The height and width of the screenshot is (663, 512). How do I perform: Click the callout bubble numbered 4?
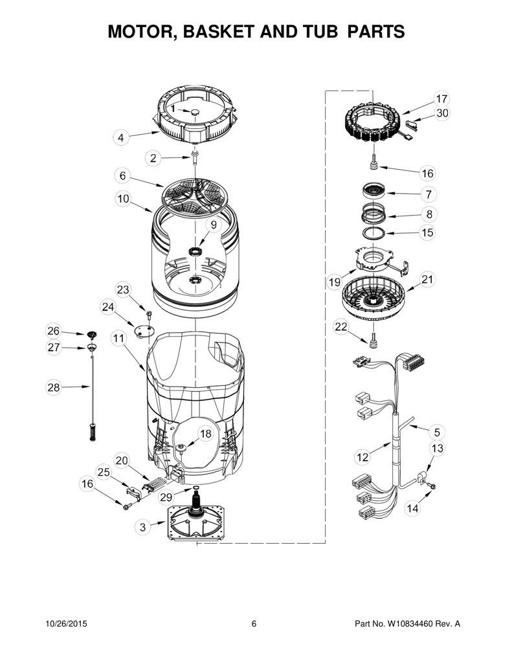pyautogui.click(x=121, y=138)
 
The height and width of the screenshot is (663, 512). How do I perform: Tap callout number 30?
pyautogui.click(x=442, y=113)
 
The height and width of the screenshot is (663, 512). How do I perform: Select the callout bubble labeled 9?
pyautogui.click(x=214, y=225)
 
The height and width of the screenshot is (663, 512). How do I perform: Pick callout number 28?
pyautogui.click(x=54, y=387)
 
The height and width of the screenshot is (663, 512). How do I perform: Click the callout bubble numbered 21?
pyautogui.click(x=427, y=280)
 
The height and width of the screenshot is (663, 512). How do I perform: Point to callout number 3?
pyautogui.click(x=142, y=527)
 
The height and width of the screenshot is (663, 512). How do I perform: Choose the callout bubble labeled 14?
pyautogui.click(x=412, y=508)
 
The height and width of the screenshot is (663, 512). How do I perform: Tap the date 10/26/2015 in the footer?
pyautogui.click(x=66, y=624)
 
